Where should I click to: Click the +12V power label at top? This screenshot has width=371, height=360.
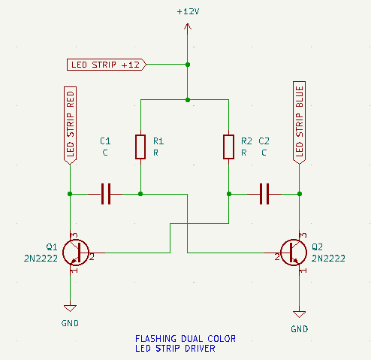(188, 11)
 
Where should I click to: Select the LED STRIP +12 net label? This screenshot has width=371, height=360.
(107, 65)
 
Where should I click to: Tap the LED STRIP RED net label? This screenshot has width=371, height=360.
(70, 126)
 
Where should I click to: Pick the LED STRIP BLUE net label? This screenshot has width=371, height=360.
(299, 123)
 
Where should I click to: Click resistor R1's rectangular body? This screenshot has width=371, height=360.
(140, 147)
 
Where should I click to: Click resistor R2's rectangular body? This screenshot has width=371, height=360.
(228, 147)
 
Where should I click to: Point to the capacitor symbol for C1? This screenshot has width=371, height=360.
(106, 194)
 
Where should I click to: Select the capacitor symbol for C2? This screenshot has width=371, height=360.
(264, 194)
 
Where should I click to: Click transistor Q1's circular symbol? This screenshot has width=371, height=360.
(76, 253)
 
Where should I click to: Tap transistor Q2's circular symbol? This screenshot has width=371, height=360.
(294, 253)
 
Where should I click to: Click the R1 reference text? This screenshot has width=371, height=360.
(158, 141)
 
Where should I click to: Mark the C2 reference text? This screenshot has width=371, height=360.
(264, 141)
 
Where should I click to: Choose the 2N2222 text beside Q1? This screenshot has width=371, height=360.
(41, 259)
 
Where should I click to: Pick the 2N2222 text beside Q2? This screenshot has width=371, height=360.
(328, 259)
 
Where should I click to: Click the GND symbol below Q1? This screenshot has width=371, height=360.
(70, 308)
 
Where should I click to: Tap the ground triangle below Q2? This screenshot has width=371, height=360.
(299, 314)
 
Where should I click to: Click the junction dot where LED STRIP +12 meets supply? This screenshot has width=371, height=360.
(188, 65)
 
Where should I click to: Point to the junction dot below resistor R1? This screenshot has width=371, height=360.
(140, 194)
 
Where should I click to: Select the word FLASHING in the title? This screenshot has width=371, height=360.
(155, 339)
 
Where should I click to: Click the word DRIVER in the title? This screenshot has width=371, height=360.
(200, 349)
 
